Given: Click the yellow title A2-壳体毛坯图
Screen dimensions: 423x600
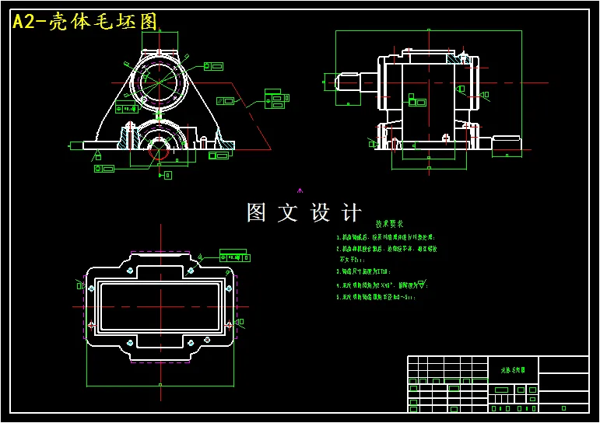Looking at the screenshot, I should (86, 21).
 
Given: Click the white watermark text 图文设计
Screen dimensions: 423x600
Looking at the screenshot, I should (304, 212).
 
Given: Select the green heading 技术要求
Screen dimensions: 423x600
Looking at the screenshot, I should (389, 223).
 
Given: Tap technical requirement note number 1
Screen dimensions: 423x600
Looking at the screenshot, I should (384, 237).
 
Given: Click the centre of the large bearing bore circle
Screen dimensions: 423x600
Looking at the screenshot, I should (160, 80).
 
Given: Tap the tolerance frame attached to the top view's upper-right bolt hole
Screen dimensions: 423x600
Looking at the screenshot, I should (233, 256).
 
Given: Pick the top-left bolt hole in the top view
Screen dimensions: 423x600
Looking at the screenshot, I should (126, 271).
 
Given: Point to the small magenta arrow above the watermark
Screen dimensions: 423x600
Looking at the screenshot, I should (300, 189).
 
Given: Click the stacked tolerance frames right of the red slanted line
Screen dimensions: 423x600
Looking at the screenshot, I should (275, 99).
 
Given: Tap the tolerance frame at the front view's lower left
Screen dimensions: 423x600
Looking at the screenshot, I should (104, 169).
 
